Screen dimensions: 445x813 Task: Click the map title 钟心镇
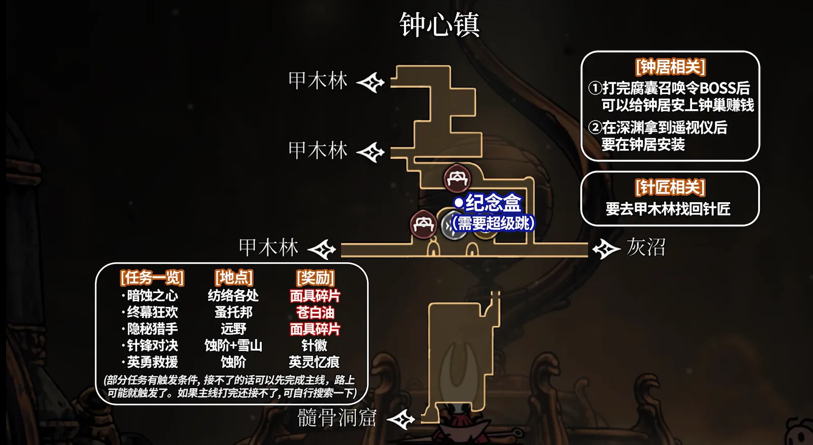[x=440, y=24]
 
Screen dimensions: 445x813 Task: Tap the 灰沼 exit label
[x=646, y=247]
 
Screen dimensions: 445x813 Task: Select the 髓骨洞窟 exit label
[x=337, y=418]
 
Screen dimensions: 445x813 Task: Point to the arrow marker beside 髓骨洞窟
[x=401, y=419]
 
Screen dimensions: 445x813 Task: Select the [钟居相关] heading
[x=670, y=67]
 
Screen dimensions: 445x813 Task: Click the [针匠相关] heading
[x=670, y=187]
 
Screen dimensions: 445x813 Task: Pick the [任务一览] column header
[x=152, y=278]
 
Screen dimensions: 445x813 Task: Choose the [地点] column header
[x=234, y=277]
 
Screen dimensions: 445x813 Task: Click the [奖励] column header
[x=315, y=278]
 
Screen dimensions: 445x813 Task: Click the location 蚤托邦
[x=234, y=312]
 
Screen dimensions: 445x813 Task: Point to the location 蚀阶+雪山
[x=233, y=346]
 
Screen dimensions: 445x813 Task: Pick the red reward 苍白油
[x=315, y=312]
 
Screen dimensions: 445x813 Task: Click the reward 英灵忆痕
[x=315, y=362]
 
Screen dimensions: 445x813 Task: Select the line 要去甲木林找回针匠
[x=668, y=209]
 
